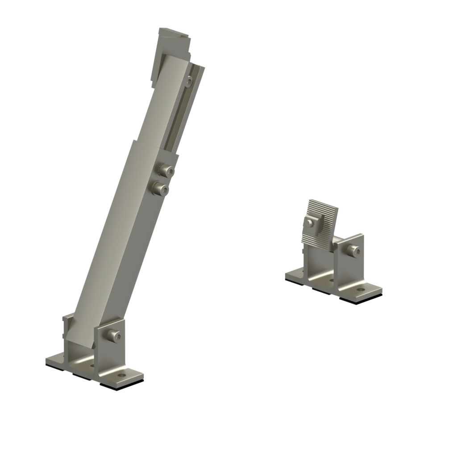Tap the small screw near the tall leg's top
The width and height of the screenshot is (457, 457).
click(x=190, y=82)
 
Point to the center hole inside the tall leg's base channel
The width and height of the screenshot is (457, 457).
click(x=92, y=366)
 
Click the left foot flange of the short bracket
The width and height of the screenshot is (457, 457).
click(x=295, y=274)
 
